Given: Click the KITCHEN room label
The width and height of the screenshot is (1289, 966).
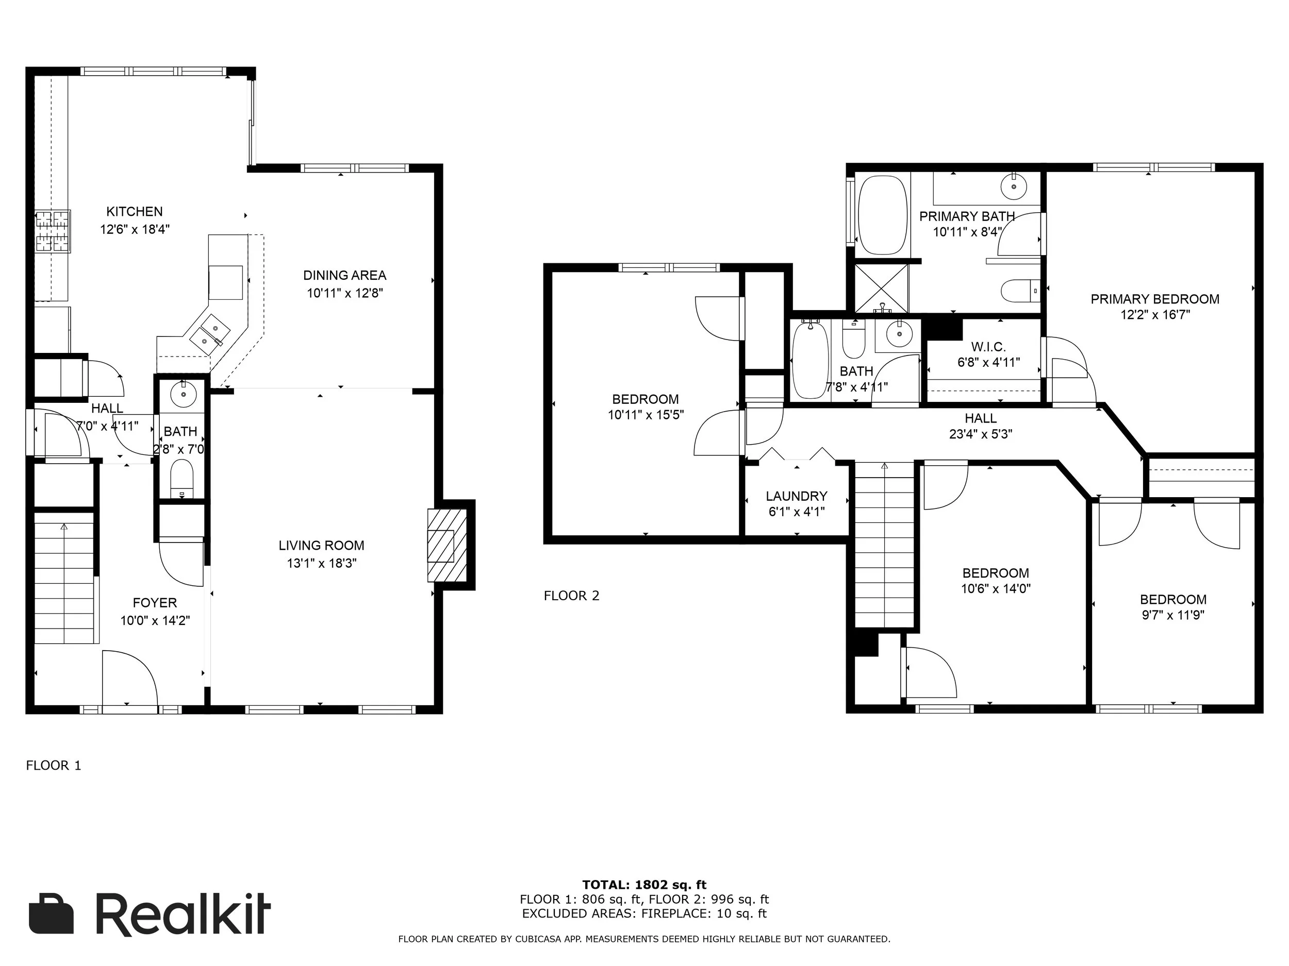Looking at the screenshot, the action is tap(134, 211).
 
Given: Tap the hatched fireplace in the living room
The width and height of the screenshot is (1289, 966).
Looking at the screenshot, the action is tap(447, 545).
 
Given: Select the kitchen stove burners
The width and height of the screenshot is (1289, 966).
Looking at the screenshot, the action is tap(53, 231).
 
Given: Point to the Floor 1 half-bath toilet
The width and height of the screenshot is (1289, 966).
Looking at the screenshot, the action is tap(182, 479).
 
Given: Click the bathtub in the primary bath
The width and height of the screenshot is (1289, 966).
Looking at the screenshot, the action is tap(883, 215).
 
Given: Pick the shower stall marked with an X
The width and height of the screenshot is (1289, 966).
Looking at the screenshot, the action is tap(881, 288).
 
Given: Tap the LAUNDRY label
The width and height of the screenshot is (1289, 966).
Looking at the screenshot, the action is tap(797, 496).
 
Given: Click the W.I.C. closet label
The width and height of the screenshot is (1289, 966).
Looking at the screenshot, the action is tap(988, 347).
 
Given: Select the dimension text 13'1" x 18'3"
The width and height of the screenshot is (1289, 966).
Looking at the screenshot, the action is tap(322, 563).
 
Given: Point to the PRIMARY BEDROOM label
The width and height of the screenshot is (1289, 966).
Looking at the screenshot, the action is tap(1155, 299).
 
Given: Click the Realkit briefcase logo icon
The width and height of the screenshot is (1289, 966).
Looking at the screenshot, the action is tap(51, 913).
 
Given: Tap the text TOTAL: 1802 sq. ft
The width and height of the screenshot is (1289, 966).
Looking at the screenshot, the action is tap(644, 886).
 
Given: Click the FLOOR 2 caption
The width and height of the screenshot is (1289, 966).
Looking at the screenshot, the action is tap(572, 596).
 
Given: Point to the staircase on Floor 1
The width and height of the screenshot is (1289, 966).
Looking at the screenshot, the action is tap(64, 578).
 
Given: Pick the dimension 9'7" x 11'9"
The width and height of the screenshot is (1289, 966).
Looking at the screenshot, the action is tap(1173, 615).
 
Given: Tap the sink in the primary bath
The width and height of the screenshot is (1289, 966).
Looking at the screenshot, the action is tap(1015, 187).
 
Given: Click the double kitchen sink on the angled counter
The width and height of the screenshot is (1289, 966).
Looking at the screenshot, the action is tap(210, 335).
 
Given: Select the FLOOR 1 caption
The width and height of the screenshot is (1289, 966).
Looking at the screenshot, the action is tap(54, 765).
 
